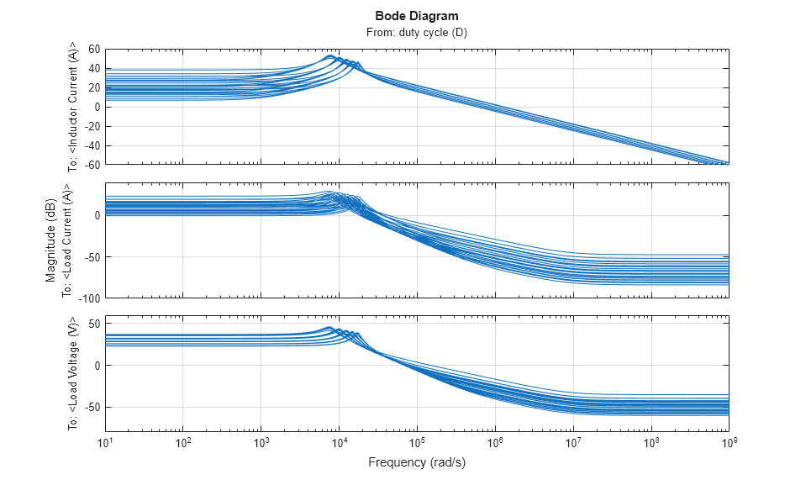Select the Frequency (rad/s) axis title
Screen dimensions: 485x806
click(417, 463)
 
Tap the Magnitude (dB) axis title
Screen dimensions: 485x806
click(51, 242)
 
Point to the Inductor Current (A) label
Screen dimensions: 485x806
click(73, 106)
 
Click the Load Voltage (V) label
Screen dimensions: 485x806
click(73, 374)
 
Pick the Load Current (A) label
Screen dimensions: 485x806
click(73, 242)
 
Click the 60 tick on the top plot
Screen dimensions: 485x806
click(93, 49)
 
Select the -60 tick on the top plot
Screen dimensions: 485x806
click(91, 164)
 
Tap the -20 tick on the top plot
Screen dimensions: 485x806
click(91, 125)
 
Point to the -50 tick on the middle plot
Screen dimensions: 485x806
click(91, 257)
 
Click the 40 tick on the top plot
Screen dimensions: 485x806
click(93, 68)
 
